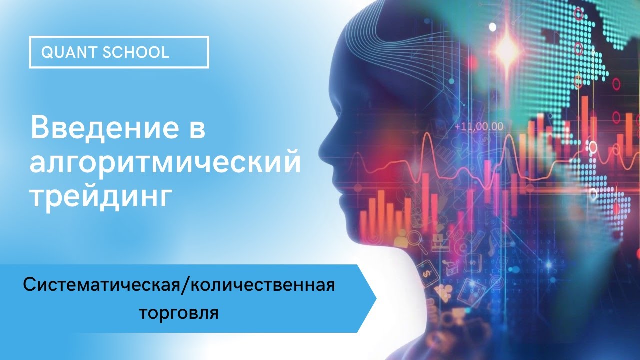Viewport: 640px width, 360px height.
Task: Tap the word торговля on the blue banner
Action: [178, 313]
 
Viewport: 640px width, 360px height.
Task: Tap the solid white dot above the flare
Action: [493, 26]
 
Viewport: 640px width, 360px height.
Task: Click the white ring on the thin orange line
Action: [593, 146]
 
